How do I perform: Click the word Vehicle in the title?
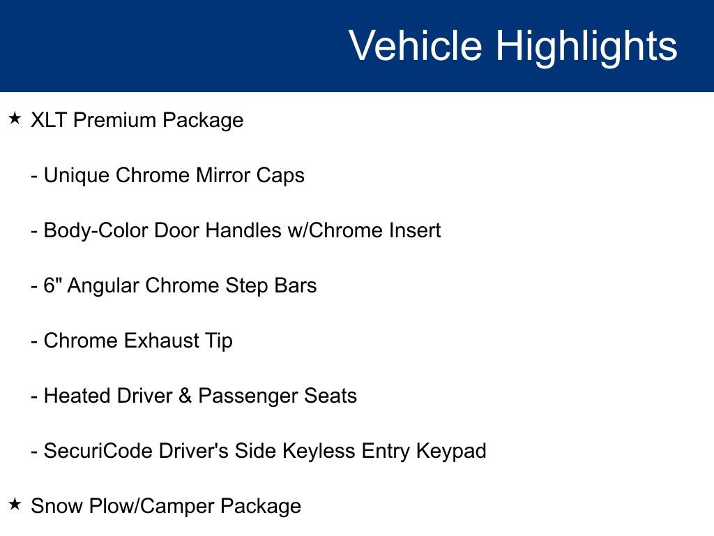click(x=415, y=46)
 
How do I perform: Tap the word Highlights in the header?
click(x=586, y=46)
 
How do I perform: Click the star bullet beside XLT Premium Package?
click(x=15, y=119)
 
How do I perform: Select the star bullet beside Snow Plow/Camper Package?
click(x=15, y=505)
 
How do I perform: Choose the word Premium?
click(x=115, y=120)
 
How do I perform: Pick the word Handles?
click(x=243, y=230)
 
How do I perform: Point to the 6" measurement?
click(x=52, y=285)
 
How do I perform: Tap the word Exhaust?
click(x=160, y=341)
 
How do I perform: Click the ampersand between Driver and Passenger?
click(x=185, y=396)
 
